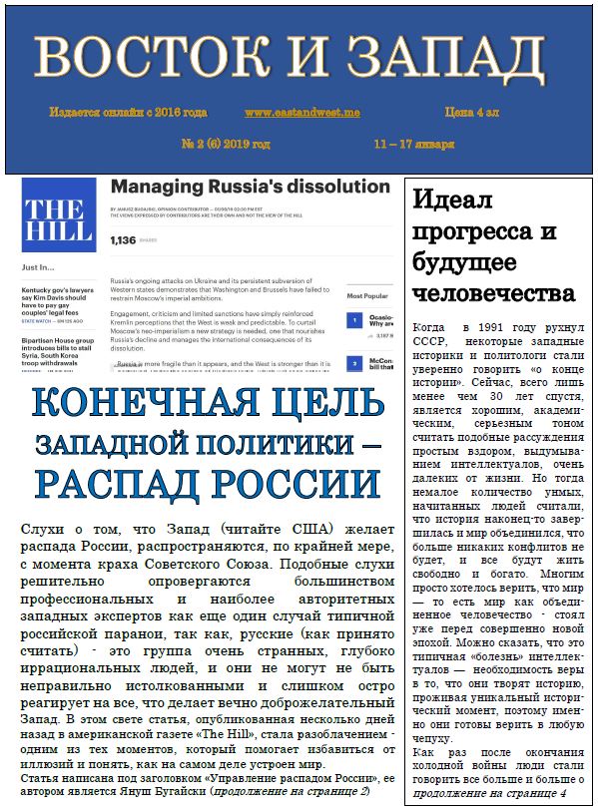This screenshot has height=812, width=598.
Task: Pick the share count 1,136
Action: (123, 240)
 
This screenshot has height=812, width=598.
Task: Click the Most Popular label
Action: (365, 296)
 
